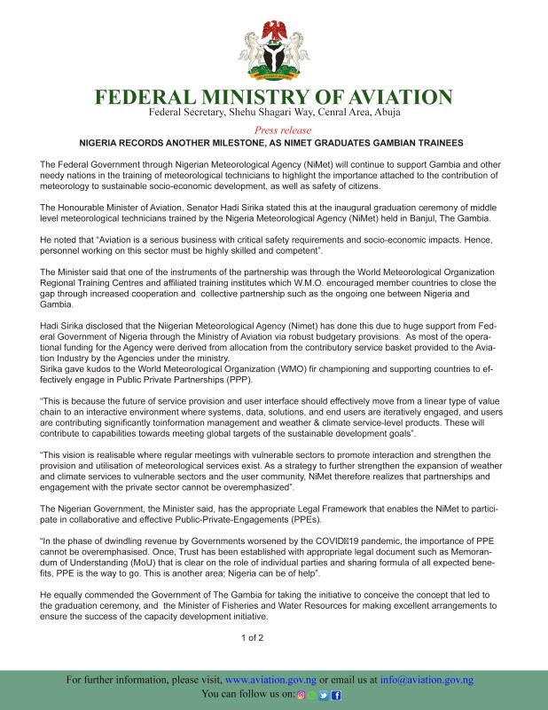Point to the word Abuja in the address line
click(x=383, y=114)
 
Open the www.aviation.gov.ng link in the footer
click(x=271, y=680)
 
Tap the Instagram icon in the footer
click(x=302, y=695)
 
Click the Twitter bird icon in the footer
click(x=325, y=695)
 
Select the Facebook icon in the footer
click(x=337, y=695)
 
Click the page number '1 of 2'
click(x=253, y=637)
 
